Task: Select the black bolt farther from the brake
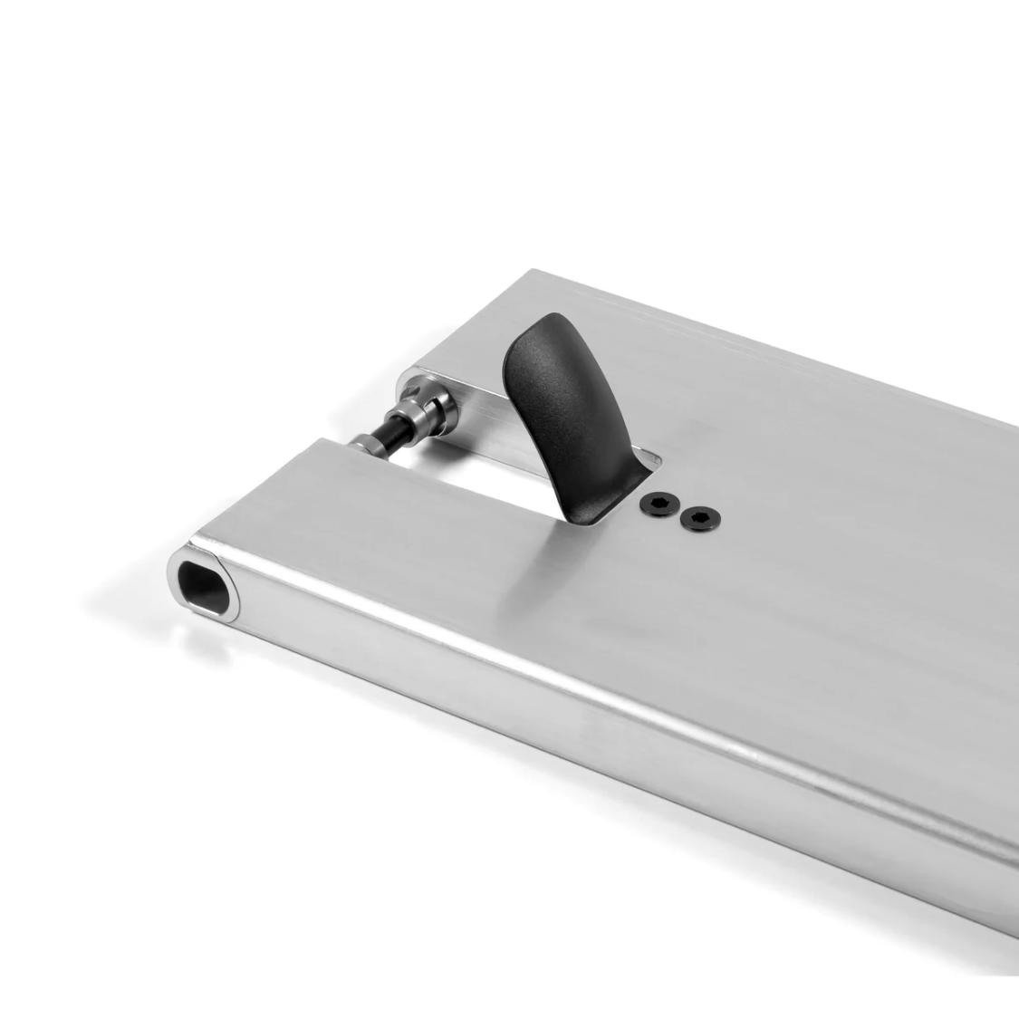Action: click(x=699, y=519)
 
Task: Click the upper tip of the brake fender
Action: click(x=544, y=326)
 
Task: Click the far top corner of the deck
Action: click(x=534, y=271)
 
